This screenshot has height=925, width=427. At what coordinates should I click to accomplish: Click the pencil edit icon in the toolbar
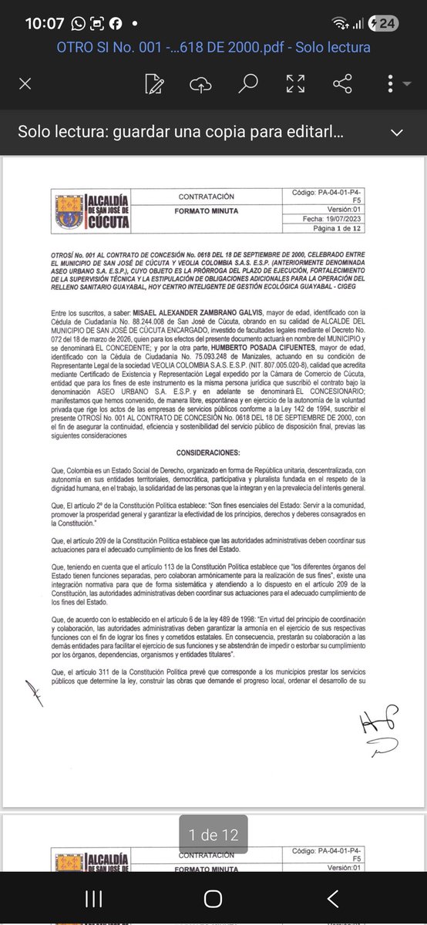pyautogui.click(x=154, y=83)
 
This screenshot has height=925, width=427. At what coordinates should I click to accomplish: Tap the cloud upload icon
pyautogui.click(x=200, y=83)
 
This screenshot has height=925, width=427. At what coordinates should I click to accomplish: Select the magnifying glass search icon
pyautogui.click(x=247, y=83)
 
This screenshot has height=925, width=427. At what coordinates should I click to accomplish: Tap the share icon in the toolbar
pyautogui.click(x=342, y=83)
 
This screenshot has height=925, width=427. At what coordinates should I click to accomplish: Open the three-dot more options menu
pyautogui.click(x=392, y=83)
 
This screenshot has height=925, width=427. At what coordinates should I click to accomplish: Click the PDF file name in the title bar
pyautogui.click(x=213, y=48)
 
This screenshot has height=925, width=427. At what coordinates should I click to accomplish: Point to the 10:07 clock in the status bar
pyautogui.click(x=44, y=23)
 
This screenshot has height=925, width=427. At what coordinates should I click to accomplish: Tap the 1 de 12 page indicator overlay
pyautogui.click(x=213, y=835)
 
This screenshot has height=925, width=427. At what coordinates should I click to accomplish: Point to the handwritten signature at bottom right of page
pyautogui.click(x=378, y=729)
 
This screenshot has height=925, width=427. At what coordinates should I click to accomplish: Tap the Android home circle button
pyautogui.click(x=213, y=899)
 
